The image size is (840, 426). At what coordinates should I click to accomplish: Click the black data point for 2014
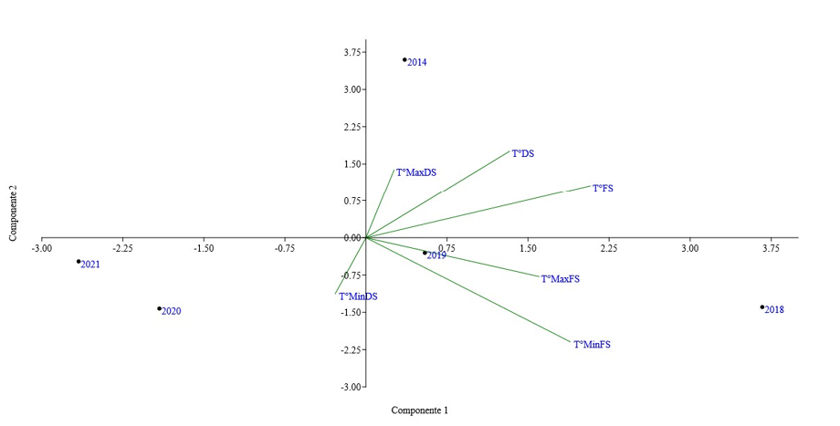click(404, 60)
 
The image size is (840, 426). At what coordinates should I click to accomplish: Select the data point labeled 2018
click(762, 307)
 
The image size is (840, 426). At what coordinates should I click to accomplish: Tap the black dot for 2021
click(79, 262)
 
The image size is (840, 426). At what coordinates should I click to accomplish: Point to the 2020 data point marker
click(159, 308)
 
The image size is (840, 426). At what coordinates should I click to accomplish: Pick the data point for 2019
click(425, 253)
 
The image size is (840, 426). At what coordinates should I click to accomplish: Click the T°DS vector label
click(522, 154)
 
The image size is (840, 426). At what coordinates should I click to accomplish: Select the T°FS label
click(603, 189)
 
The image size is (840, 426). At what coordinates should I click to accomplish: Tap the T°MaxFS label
click(560, 279)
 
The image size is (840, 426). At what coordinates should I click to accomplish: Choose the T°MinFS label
click(592, 345)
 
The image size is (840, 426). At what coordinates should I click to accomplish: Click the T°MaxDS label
click(415, 172)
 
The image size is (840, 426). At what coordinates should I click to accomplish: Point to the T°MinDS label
click(358, 296)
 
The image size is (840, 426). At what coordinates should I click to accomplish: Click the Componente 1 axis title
click(420, 410)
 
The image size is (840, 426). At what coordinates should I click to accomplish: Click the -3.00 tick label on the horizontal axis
click(42, 247)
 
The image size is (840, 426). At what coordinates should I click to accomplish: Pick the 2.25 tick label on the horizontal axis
click(609, 247)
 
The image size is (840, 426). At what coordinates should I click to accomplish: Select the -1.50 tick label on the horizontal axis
click(204, 247)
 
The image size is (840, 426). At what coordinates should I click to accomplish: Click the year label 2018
click(774, 310)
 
